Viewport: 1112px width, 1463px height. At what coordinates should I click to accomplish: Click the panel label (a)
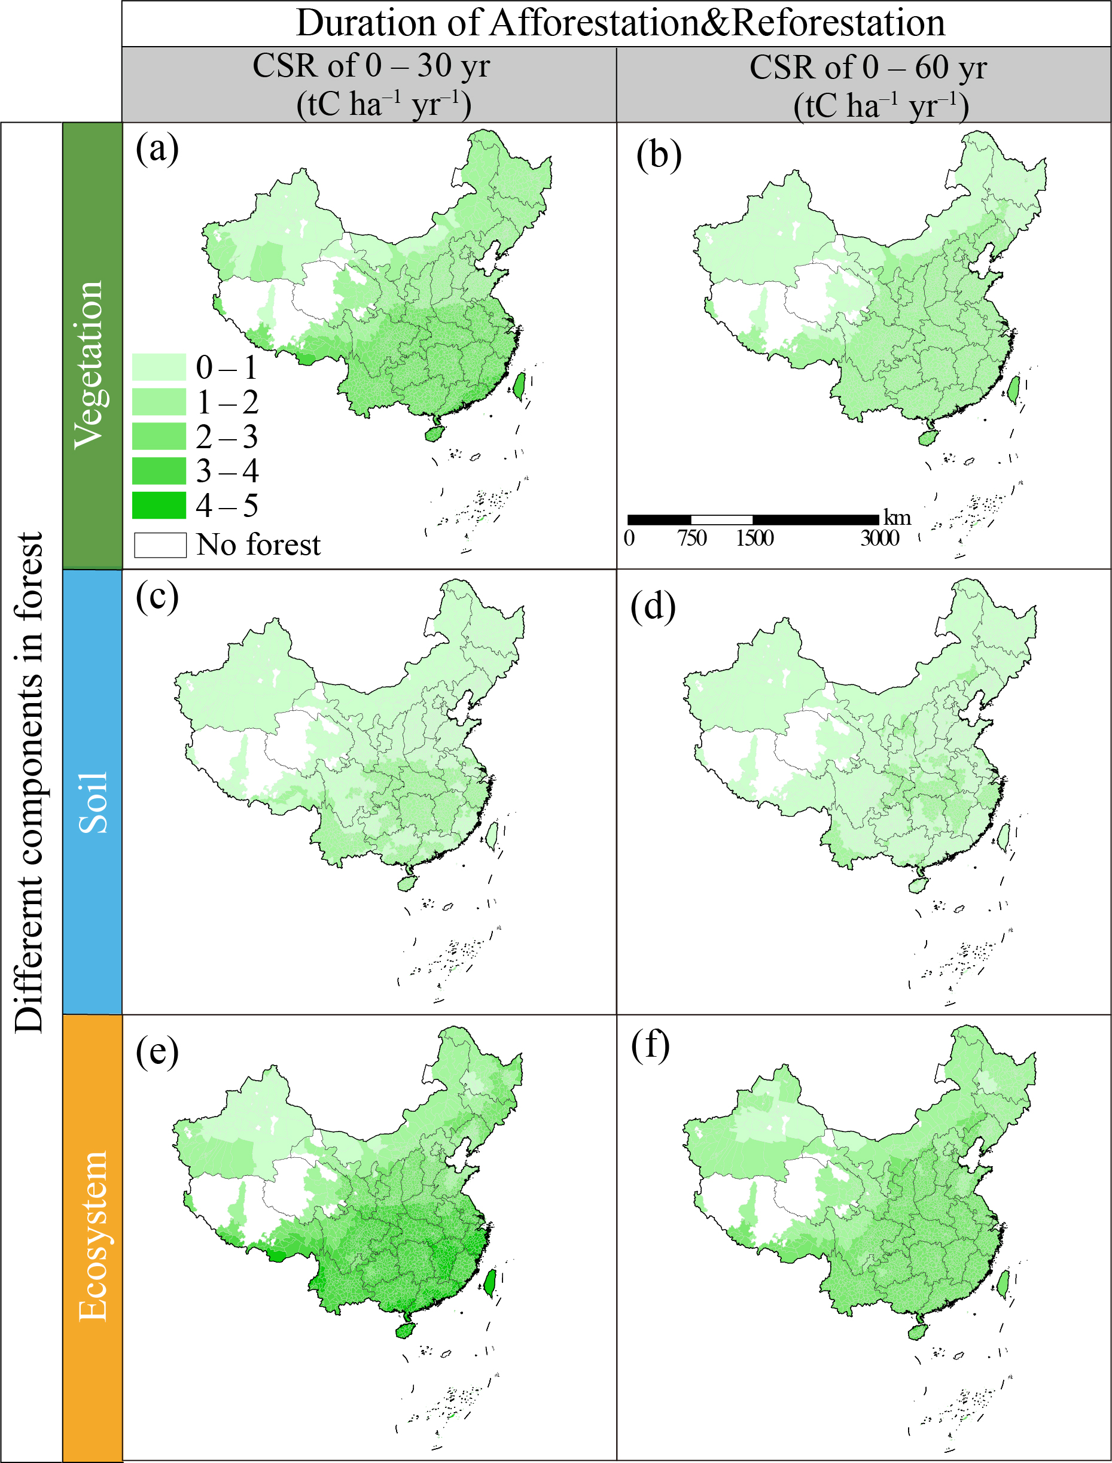[157, 149]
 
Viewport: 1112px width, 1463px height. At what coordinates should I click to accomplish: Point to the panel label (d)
[653, 606]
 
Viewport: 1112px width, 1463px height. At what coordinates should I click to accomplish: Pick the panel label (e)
[157, 1051]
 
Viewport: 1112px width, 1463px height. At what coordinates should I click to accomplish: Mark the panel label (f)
[650, 1046]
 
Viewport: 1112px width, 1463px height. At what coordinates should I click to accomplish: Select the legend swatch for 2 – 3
[159, 437]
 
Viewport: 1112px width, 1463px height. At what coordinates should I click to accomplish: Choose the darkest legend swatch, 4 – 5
[159, 506]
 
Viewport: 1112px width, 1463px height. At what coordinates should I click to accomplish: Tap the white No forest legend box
[160, 545]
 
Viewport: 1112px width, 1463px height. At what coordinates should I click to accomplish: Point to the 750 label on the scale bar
[691, 538]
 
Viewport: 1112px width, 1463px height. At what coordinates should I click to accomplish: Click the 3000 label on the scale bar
[880, 538]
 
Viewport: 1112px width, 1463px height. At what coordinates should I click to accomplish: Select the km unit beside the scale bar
[897, 518]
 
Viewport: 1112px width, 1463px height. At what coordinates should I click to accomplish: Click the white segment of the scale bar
[721, 519]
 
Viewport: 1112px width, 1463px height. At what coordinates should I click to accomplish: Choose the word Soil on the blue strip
[92, 802]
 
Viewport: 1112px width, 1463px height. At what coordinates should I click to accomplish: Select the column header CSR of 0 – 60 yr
[868, 68]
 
